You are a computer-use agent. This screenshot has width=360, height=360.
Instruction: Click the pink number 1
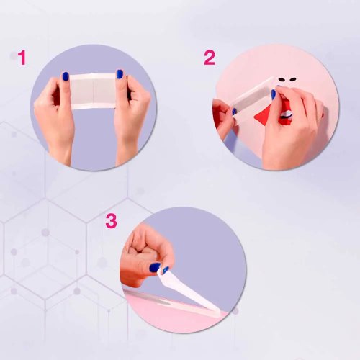tap(22, 58)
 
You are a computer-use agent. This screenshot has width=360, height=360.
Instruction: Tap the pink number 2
tap(210, 58)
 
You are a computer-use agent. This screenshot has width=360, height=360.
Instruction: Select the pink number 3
tap(111, 221)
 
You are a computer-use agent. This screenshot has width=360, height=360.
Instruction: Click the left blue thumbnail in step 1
tap(66, 76)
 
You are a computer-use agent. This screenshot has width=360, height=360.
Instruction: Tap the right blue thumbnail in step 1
tap(120, 74)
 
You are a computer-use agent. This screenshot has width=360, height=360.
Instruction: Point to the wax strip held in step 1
tap(93, 91)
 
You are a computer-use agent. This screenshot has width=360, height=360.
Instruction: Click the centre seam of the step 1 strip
tap(93, 91)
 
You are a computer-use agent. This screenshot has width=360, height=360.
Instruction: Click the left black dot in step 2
tap(282, 78)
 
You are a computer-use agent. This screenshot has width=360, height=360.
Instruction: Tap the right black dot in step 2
tap(292, 78)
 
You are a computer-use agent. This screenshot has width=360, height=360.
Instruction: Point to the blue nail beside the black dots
tap(274, 94)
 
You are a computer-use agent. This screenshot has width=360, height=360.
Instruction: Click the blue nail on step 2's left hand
tap(234, 111)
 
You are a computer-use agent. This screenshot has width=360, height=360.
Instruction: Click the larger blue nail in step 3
tap(155, 267)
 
